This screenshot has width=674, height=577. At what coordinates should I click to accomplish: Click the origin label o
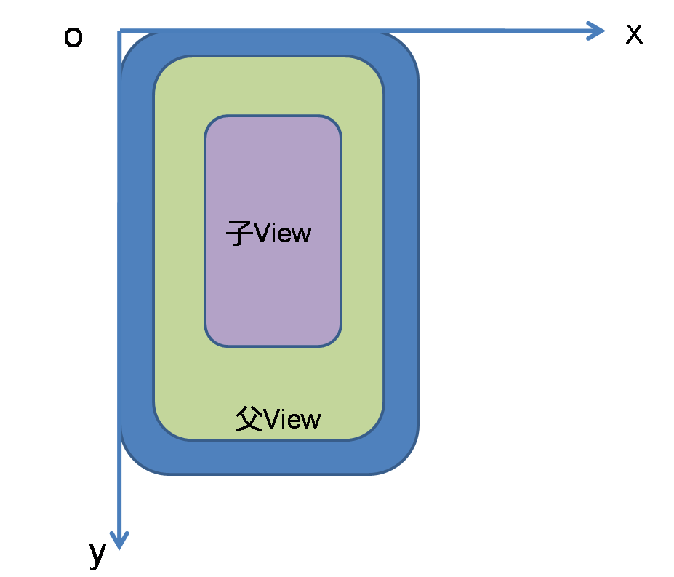(73, 37)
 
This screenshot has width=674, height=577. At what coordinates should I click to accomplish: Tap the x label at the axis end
(634, 34)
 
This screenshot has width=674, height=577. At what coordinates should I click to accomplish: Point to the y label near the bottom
(97, 555)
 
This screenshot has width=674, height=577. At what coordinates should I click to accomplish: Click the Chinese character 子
(240, 234)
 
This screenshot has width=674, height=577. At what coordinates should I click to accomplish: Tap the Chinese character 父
(249, 418)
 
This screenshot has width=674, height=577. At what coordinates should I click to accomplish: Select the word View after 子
(282, 234)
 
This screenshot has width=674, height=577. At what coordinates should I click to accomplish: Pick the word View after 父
(292, 419)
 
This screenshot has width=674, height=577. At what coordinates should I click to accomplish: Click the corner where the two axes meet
(119, 31)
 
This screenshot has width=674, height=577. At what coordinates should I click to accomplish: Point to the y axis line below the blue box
(119, 504)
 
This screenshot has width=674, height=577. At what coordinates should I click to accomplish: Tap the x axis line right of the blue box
(503, 31)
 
